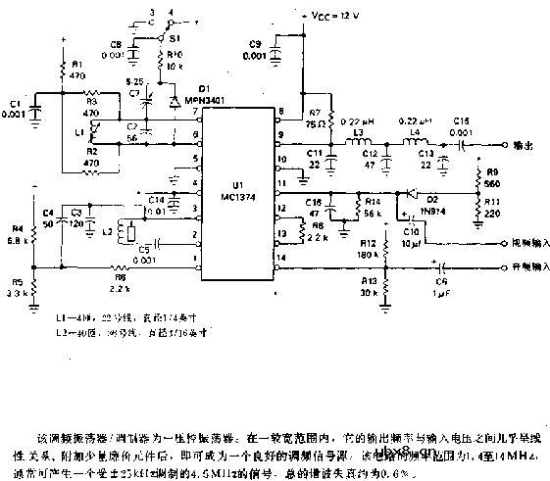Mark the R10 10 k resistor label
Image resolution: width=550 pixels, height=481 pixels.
(x=175, y=58)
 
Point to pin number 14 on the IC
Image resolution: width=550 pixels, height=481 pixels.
(x=279, y=258)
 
